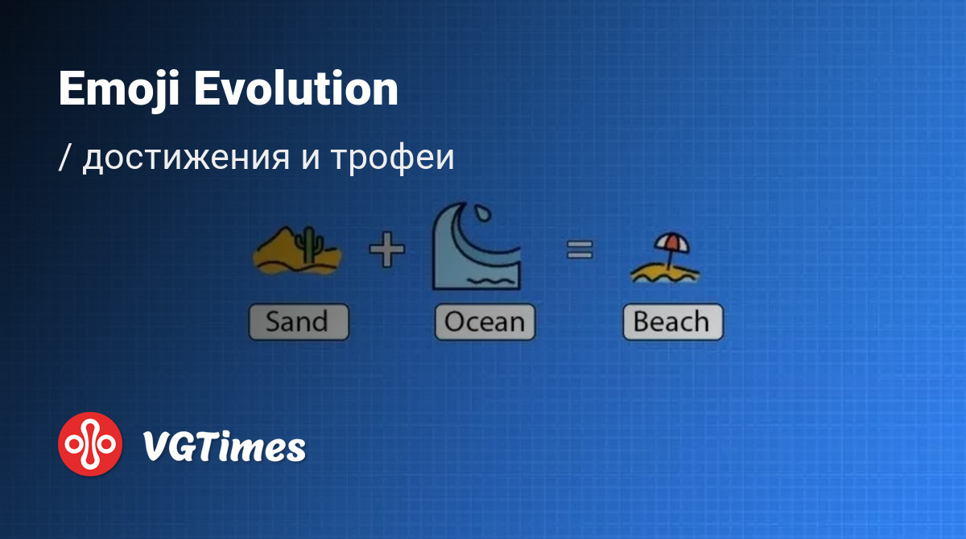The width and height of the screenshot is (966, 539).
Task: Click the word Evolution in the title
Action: pyautogui.click(x=296, y=88)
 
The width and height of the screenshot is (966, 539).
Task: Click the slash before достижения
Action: pyautogui.click(x=64, y=158)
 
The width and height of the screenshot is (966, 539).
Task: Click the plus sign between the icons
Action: pyautogui.click(x=387, y=249)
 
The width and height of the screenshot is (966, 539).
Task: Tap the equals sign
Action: pyautogui.click(x=580, y=250)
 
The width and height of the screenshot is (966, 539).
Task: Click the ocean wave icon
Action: pyautogui.click(x=477, y=246)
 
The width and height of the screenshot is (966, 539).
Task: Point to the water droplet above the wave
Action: pyautogui.click(x=482, y=213)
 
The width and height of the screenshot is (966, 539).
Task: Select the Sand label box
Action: pyautogui.click(x=299, y=322)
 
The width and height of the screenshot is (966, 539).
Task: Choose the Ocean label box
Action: pyautogui.click(x=485, y=322)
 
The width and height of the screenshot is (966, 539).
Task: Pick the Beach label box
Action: pyautogui.click(x=673, y=322)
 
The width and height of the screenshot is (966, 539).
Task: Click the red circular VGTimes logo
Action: pyautogui.click(x=90, y=444)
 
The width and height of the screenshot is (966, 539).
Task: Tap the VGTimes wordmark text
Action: pyautogui.click(x=225, y=446)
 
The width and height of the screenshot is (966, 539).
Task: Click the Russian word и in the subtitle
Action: pyautogui.click(x=311, y=158)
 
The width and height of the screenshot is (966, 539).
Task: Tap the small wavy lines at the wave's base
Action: pyautogui.click(x=491, y=281)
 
